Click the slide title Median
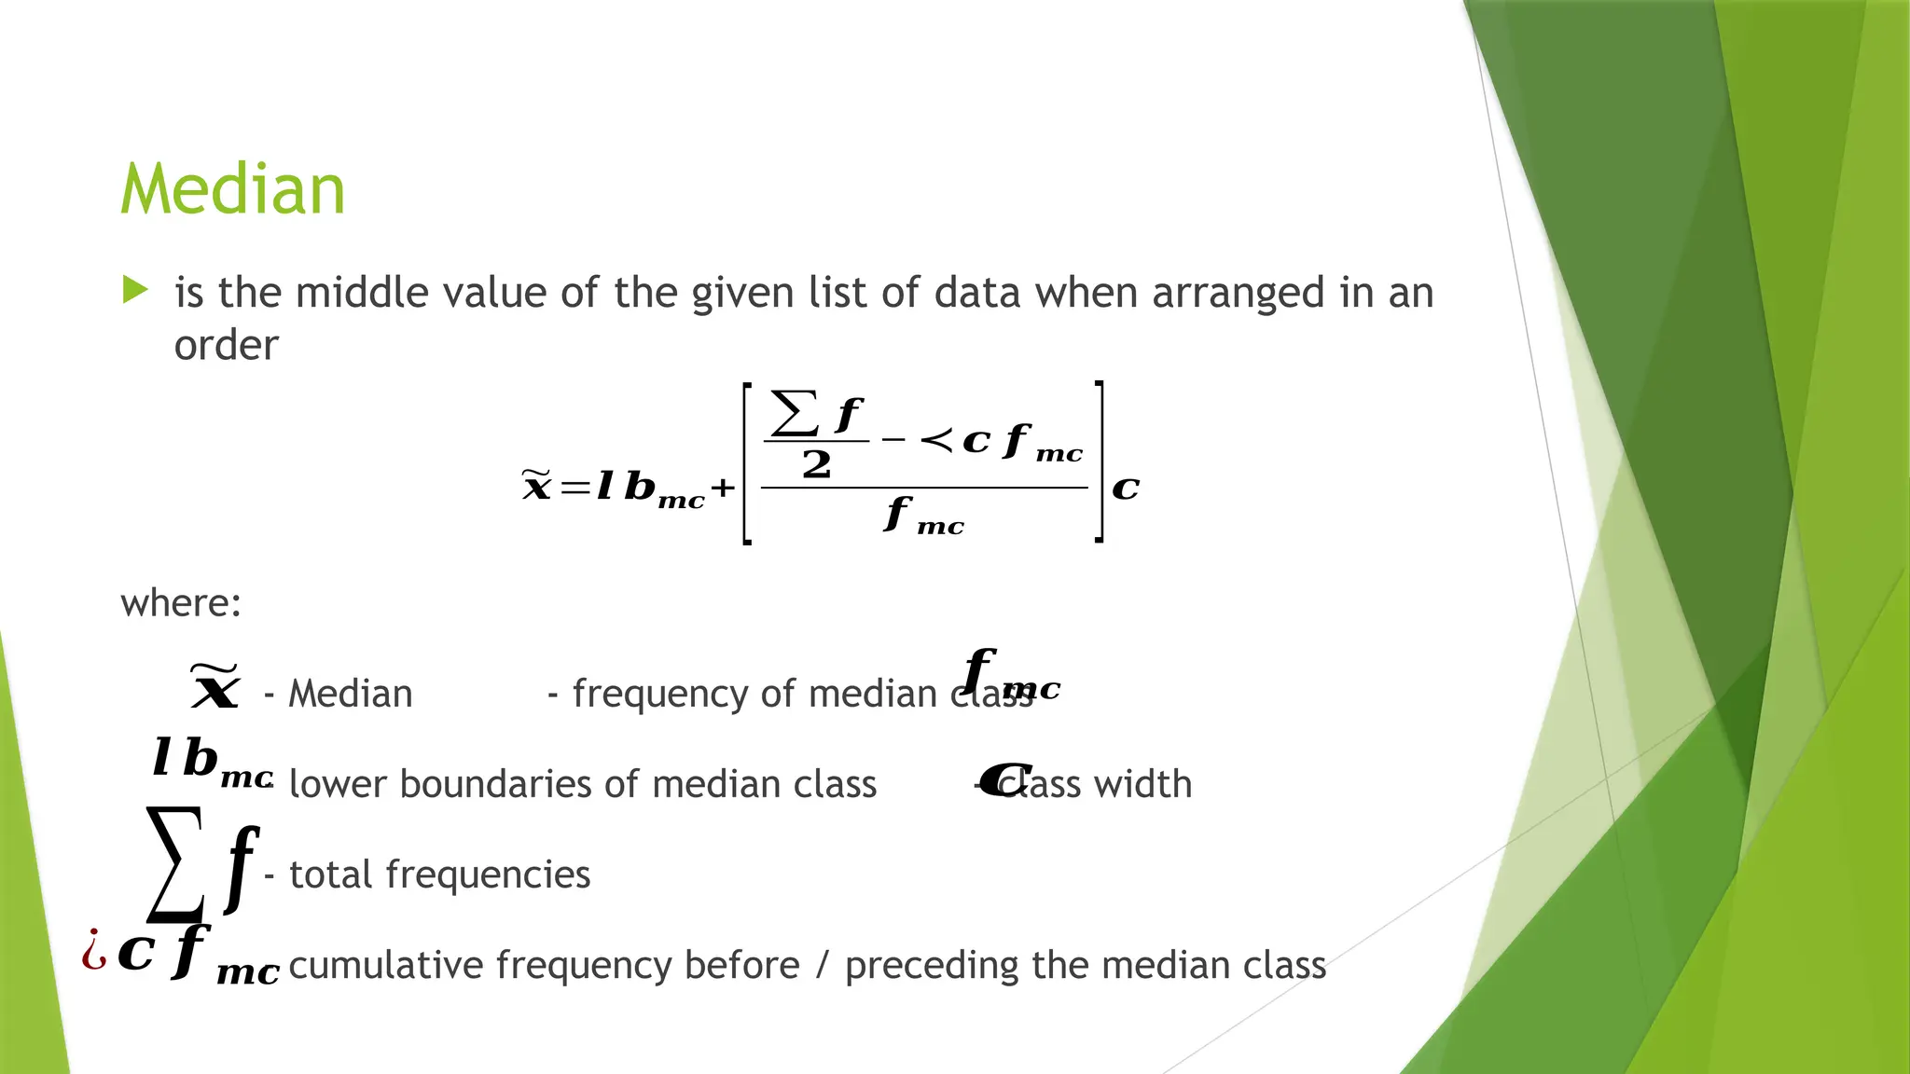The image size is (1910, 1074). tap(232, 189)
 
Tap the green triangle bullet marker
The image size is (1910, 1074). tap(135, 290)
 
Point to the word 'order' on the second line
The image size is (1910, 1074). tap(226, 346)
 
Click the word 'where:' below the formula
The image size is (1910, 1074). tap(181, 603)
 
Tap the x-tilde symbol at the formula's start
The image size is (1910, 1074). tap(536, 485)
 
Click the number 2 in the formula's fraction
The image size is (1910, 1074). tap(816, 464)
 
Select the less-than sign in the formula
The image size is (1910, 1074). tap(936, 439)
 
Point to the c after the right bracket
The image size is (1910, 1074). tap(1126, 488)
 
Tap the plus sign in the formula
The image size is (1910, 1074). tap(723, 488)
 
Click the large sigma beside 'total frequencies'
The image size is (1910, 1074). tap(175, 862)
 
